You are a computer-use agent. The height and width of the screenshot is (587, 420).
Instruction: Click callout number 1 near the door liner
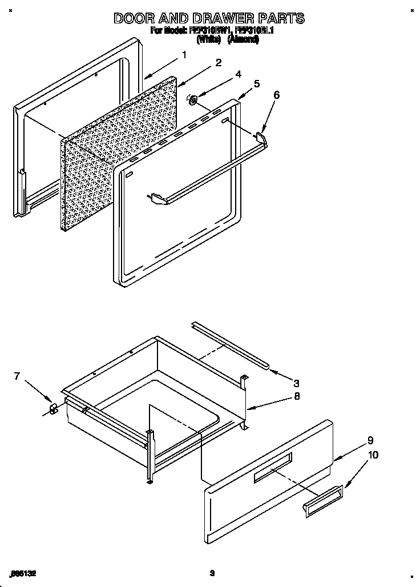[184, 55]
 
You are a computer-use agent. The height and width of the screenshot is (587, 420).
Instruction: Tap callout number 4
[238, 74]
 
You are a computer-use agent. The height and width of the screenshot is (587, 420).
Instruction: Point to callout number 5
[257, 83]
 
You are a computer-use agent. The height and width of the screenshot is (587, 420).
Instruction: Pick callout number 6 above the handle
[277, 95]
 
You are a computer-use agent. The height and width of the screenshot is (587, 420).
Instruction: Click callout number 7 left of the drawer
[17, 376]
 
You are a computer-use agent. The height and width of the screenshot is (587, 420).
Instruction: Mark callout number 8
[296, 396]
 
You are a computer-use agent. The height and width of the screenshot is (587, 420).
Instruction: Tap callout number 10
[373, 455]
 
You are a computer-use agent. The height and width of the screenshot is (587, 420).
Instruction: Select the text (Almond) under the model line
[243, 39]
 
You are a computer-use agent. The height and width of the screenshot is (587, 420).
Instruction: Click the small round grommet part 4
[193, 101]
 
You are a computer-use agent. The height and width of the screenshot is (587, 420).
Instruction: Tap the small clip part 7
[52, 408]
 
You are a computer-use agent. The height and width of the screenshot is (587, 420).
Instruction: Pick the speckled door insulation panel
[117, 154]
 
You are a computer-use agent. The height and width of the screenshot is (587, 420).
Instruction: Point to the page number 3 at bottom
[211, 573]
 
